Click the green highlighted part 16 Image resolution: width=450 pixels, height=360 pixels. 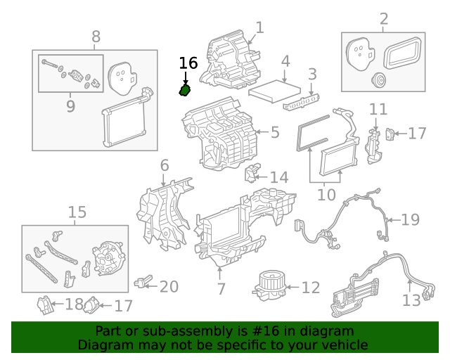pyautogui.click(x=185, y=91)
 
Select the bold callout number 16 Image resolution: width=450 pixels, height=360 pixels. pyautogui.click(x=188, y=63)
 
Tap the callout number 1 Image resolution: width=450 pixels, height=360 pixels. pyautogui.click(x=259, y=27)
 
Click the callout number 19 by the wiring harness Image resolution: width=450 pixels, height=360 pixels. pyautogui.click(x=409, y=219)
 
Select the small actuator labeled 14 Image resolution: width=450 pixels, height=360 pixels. pyautogui.click(x=252, y=173)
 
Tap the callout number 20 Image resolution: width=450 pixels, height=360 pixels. pyautogui.click(x=169, y=287)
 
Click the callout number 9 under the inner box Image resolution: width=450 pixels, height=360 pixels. pyautogui.click(x=70, y=106)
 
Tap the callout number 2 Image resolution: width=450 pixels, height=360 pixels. pyautogui.click(x=383, y=19)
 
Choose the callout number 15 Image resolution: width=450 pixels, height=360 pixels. pyautogui.click(x=77, y=212)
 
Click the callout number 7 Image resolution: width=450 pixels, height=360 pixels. pyautogui.click(x=221, y=289)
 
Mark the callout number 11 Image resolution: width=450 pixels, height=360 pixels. pyautogui.click(x=378, y=109)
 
